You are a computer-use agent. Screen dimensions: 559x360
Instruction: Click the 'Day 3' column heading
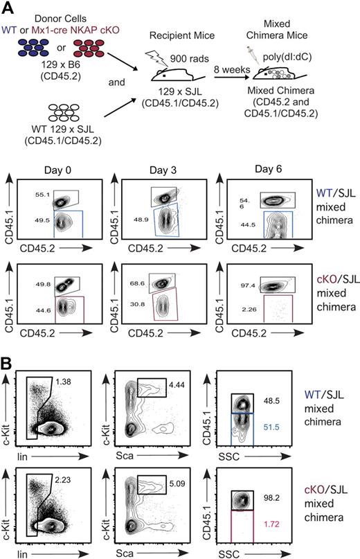164,168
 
